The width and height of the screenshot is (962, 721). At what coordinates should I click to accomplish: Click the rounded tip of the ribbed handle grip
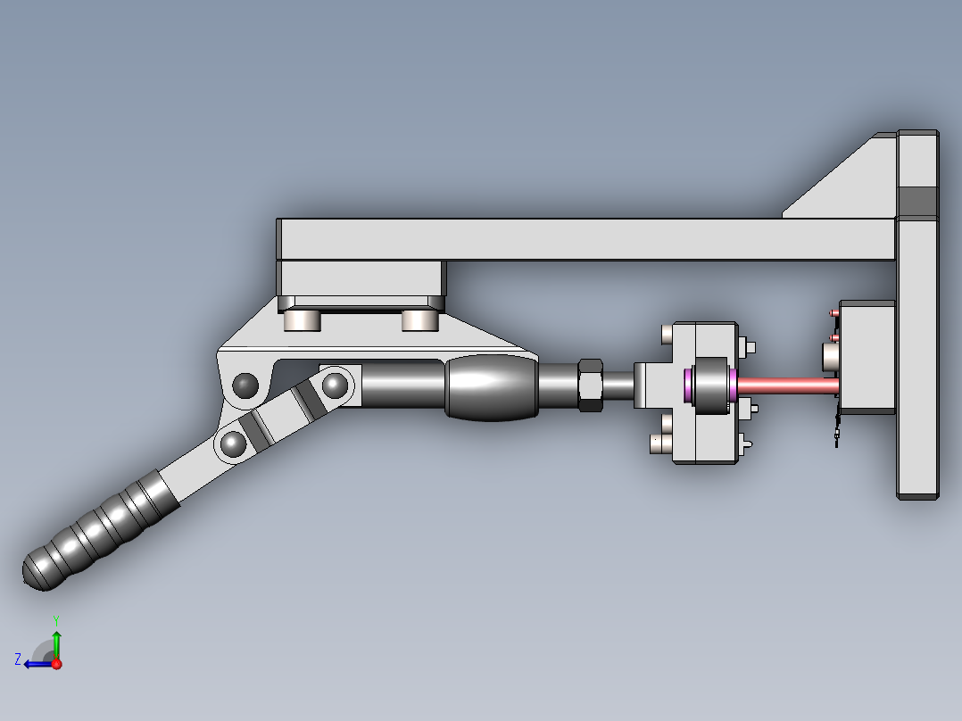coord(36,571)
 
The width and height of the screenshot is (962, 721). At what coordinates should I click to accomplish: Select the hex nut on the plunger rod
coord(590,385)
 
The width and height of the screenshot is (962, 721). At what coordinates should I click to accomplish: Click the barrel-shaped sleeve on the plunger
coord(492,387)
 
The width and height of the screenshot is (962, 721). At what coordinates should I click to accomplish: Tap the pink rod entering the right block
coord(788,386)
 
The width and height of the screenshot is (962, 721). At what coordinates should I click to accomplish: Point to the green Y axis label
coord(56,621)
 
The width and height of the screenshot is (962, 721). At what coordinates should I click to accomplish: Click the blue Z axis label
coord(18,659)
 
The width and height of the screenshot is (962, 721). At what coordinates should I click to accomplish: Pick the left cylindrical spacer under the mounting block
coord(303,320)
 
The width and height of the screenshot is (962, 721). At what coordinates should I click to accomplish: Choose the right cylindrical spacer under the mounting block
coord(420,320)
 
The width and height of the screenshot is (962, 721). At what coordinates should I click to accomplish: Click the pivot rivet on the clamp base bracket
coord(245,385)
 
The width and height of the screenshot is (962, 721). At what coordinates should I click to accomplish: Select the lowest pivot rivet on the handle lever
coord(233,443)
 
